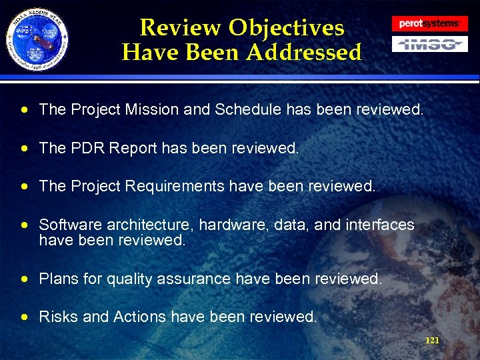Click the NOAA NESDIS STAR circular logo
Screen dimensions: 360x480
pyautogui.click(x=37, y=38)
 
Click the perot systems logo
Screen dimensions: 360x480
pyautogui.click(x=429, y=23)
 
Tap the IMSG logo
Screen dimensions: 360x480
pyautogui.click(x=429, y=44)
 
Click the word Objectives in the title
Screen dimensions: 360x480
pyautogui.click(x=286, y=27)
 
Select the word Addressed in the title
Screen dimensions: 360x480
pyautogui.click(x=303, y=52)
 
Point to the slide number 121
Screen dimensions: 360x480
pyautogui.click(x=432, y=341)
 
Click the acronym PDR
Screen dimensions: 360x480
pyautogui.click(x=82, y=148)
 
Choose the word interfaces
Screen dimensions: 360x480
pyautogui.click(x=380, y=225)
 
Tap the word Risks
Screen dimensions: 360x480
pyautogui.click(x=58, y=317)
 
